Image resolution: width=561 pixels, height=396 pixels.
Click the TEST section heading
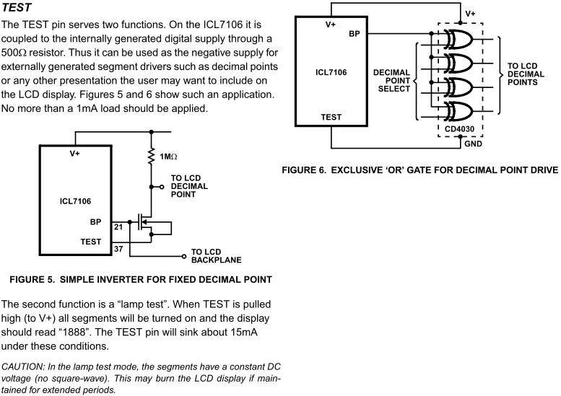click(x=17, y=7)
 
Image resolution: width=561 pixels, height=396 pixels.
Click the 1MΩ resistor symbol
click(x=152, y=157)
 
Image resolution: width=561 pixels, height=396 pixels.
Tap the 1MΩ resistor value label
click(x=168, y=157)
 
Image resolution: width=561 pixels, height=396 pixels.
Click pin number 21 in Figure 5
click(x=118, y=227)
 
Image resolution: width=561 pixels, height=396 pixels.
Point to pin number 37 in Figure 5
click(x=118, y=249)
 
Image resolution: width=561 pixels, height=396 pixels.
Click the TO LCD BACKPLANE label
click(x=216, y=256)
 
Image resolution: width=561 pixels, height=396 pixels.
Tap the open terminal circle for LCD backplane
click(x=184, y=256)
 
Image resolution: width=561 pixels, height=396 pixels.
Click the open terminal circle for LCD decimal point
click(x=162, y=187)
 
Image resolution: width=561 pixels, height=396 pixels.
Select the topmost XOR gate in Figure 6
click(x=458, y=40)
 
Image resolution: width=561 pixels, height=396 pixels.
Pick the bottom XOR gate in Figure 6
click(x=458, y=112)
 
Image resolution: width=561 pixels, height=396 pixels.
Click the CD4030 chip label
click(x=459, y=129)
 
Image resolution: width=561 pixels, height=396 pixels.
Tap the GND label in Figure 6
click(x=473, y=144)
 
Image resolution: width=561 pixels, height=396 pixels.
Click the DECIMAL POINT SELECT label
click(x=391, y=80)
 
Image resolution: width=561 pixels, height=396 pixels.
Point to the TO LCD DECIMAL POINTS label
click(x=526, y=74)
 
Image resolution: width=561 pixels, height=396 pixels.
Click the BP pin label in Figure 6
click(x=355, y=34)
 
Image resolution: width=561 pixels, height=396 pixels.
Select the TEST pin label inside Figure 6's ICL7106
click(x=331, y=117)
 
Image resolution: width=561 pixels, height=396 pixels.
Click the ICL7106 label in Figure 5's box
click(x=75, y=201)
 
